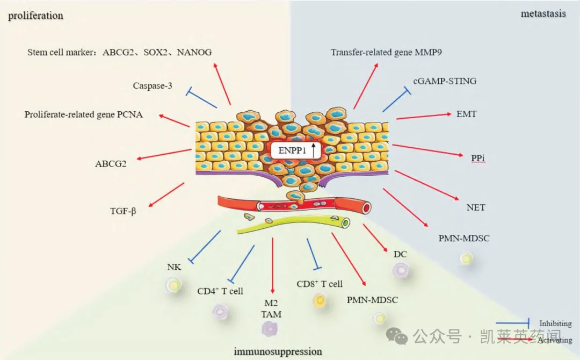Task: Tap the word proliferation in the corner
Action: pos(35,15)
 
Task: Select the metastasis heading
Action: pos(543,13)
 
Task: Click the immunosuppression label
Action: pos(278,351)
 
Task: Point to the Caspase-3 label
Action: pos(153,85)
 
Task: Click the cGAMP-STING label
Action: pos(445,81)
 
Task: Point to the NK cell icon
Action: pos(173,284)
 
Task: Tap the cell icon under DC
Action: pos(400,270)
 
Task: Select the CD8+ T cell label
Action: pos(320,284)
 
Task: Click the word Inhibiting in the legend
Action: pos(555,323)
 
